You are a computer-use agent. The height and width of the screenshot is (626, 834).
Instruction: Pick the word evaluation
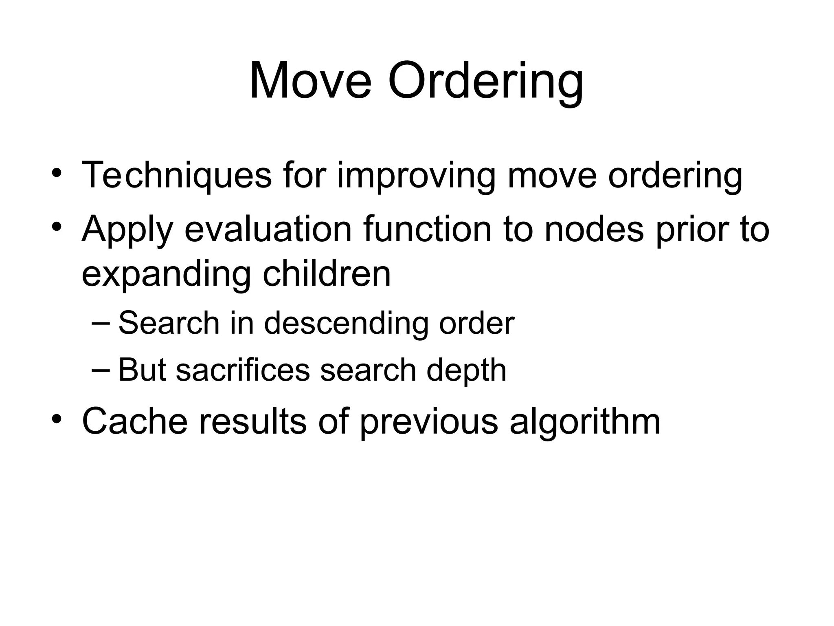[268, 229]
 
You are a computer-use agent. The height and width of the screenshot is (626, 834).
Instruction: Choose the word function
[428, 229]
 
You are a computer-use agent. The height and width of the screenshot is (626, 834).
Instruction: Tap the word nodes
[594, 229]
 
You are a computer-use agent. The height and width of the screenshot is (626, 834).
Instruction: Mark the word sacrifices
[243, 370]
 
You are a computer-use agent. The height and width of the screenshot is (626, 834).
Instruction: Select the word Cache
[135, 421]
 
